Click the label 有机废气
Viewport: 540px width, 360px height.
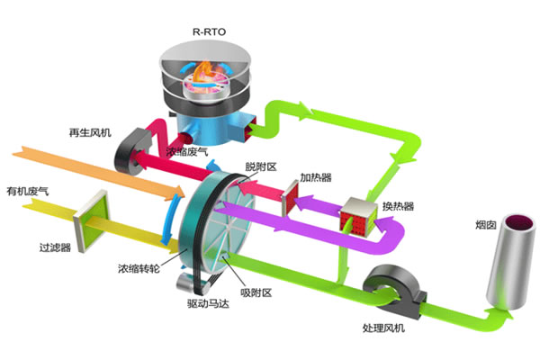(26, 192)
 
